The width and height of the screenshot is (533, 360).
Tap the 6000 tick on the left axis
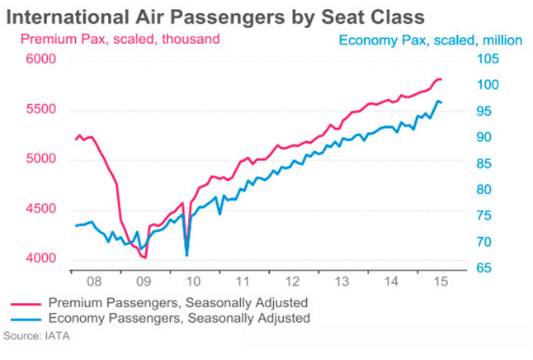click(40, 59)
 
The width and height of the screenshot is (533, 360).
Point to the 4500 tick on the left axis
click(40, 209)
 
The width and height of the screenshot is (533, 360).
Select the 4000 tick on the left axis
click(40, 259)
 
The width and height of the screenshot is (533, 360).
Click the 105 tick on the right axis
click(486, 59)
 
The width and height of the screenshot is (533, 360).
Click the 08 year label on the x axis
click(95, 281)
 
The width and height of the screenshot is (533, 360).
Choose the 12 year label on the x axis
click(282, 281)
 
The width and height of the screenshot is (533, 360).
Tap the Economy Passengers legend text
click(179, 318)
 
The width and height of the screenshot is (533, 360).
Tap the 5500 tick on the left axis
click(40, 110)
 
